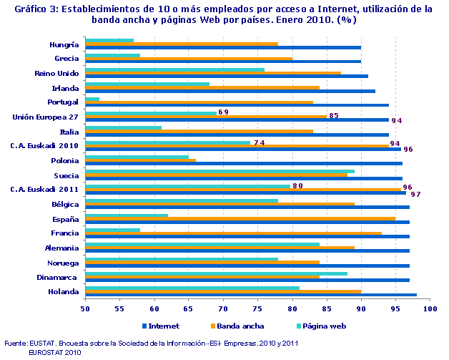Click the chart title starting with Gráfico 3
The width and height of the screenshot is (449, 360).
(x=224, y=14)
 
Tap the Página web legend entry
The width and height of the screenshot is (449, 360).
(x=318, y=326)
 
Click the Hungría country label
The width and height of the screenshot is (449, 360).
(x=64, y=44)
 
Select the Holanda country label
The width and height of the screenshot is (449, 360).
(x=64, y=291)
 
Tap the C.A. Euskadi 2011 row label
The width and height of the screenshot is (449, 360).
(x=44, y=190)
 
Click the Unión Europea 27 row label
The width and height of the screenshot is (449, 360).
(x=46, y=117)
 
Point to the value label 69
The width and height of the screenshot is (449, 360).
(x=223, y=112)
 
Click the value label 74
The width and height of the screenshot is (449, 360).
(x=259, y=142)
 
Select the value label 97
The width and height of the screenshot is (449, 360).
(x=415, y=194)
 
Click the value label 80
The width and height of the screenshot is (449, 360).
(x=297, y=186)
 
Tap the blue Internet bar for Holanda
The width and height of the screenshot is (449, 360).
(x=250, y=294)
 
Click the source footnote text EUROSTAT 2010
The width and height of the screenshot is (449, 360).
(x=55, y=351)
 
